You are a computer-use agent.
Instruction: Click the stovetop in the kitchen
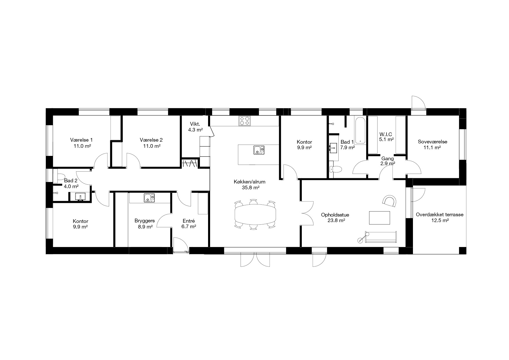point(245,121)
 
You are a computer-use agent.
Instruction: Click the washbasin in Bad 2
point(80,196)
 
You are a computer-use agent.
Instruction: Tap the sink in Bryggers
point(149,198)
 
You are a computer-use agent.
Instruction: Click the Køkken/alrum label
point(250,182)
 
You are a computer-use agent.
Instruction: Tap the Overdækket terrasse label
point(440,215)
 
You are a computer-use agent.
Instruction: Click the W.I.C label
point(386,134)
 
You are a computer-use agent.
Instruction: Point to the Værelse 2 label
point(151,139)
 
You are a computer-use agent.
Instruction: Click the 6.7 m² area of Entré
point(189,226)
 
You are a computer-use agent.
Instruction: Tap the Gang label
point(387,159)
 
